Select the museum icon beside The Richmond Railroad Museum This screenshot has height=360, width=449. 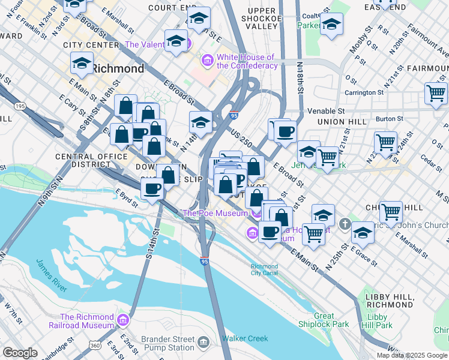[124, 319]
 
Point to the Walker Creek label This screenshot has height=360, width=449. [245, 338]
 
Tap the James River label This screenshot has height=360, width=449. [51, 274]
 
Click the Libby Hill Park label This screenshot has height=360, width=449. [379, 321]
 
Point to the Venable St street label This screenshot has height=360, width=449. [326, 111]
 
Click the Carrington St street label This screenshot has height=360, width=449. [364, 92]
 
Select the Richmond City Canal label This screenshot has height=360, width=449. [264, 269]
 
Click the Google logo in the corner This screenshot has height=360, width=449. [20, 352]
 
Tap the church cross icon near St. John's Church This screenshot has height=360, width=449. [345, 224]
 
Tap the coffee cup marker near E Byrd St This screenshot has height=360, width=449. [152, 189]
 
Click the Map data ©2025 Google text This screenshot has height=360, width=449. [411, 355]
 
